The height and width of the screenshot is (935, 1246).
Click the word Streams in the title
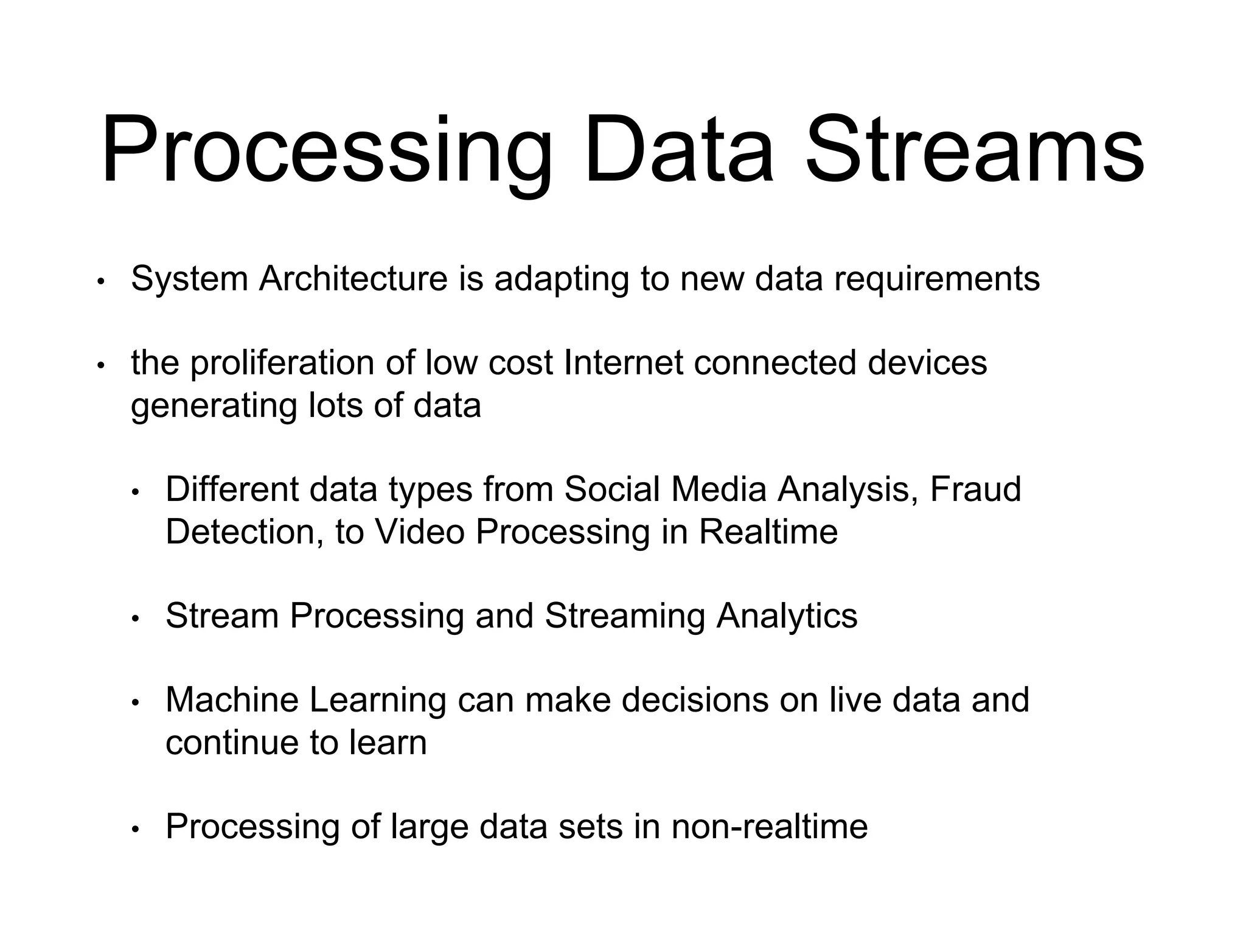click(975, 151)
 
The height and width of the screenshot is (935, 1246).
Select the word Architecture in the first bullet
click(353, 279)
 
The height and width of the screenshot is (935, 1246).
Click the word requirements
click(936, 280)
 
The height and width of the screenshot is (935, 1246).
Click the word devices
click(927, 363)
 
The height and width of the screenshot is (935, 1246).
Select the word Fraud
click(975, 489)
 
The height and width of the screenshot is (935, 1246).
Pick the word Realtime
click(768, 532)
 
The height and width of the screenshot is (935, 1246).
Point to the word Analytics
click(787, 617)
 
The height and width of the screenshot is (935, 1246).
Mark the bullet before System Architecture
click(101, 282)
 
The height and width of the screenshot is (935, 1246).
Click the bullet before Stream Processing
click(136, 619)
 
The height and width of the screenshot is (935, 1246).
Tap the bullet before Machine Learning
click(136, 703)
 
